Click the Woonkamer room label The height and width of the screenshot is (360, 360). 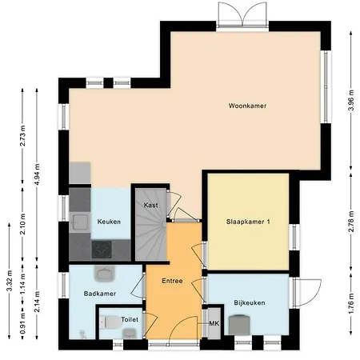pyautogui.click(x=246, y=106)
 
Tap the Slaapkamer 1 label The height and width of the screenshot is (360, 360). pyautogui.click(x=247, y=222)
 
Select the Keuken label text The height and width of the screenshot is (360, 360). pyautogui.click(x=109, y=222)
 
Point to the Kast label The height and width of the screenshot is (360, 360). pyautogui.click(x=150, y=206)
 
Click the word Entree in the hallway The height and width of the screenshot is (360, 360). pyautogui.click(x=172, y=281)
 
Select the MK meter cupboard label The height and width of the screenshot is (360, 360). pyautogui.click(x=213, y=323)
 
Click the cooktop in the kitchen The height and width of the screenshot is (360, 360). pyautogui.click(x=102, y=250)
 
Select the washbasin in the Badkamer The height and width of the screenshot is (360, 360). pyautogui.click(x=103, y=274)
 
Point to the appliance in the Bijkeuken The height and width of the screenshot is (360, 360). pyautogui.click(x=238, y=324)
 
